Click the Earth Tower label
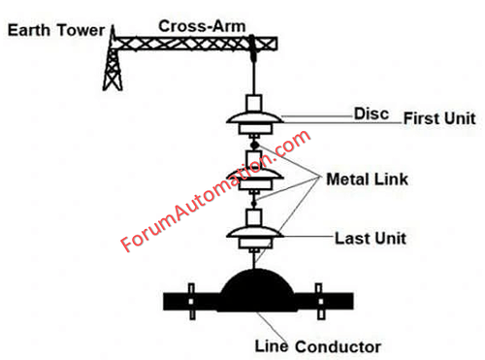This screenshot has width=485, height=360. tap(56, 30)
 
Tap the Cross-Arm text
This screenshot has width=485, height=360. tap(202, 26)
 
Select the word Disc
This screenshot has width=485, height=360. tap(372, 114)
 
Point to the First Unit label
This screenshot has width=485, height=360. tap(439, 118)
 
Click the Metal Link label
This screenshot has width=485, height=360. tap(368, 180)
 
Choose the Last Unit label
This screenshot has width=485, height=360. tap(371, 239)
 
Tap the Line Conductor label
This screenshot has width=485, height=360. tap(318, 346)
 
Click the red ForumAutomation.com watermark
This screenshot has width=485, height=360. tap(215, 191)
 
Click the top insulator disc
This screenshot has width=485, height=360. tap(254, 118)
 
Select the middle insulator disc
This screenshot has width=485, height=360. tap(254, 174)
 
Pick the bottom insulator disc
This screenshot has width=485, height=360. tap(254, 232)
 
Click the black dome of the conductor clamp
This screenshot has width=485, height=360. tap(257, 288)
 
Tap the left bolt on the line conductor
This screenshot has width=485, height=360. tap(191, 302)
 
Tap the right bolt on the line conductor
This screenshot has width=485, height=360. tap(320, 302)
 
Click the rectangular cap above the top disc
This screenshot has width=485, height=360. tap(254, 103)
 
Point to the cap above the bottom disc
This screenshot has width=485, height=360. tap(254, 217)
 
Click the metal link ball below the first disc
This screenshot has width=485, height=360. tap(255, 145)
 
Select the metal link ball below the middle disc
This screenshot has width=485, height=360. tap(254, 204)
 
